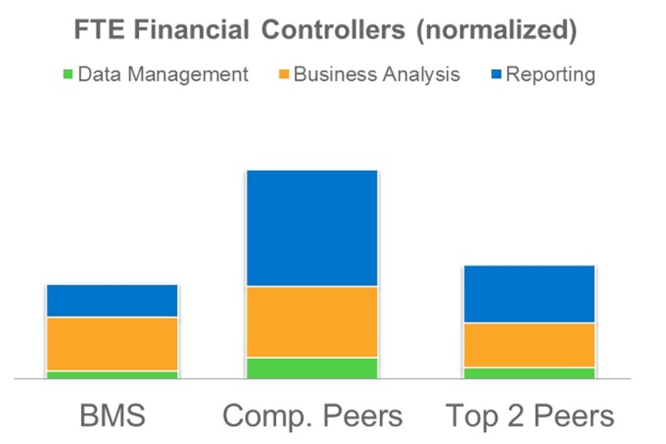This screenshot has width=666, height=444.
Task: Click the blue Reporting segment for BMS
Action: pyautogui.click(x=112, y=301)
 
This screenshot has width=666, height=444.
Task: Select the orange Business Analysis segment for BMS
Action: pyautogui.click(x=112, y=344)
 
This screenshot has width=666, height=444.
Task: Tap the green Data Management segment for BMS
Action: pyautogui.click(x=112, y=375)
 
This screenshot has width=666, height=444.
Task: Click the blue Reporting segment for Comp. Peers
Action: pyautogui.click(x=311, y=229)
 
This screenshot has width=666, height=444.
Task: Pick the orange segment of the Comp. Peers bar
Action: pyautogui.click(x=311, y=322)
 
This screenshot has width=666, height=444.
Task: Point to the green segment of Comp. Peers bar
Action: pyautogui.click(x=311, y=368)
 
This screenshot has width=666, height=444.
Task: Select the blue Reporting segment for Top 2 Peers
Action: pyautogui.click(x=529, y=294)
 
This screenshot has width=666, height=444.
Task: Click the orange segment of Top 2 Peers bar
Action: pyautogui.click(x=529, y=346)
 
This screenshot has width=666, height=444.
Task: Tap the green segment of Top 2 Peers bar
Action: pyautogui.click(x=529, y=373)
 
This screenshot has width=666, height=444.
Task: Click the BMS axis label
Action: pyautogui.click(x=112, y=416)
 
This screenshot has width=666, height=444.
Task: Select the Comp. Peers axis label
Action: pyautogui.click(x=312, y=416)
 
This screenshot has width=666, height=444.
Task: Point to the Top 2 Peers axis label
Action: pyautogui.click(x=530, y=416)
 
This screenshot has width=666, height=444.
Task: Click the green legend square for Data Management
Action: pyautogui.click(x=68, y=76)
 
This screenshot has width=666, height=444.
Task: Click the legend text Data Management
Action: pyautogui.click(x=163, y=75)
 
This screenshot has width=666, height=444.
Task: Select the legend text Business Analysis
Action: pyautogui.click(x=377, y=75)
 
